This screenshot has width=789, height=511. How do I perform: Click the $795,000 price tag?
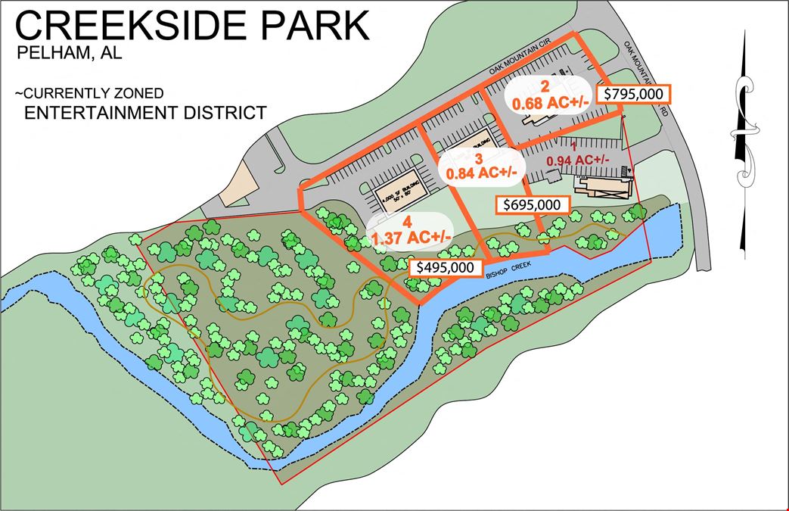[634, 94]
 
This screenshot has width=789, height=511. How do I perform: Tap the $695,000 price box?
[531, 205]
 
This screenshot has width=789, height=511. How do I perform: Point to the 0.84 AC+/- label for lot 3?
[482, 173]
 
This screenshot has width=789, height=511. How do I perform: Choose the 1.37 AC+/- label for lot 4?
[412, 238]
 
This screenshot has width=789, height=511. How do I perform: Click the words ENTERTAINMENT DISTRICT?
[145, 114]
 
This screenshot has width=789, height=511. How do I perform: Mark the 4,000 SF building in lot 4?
[399, 197]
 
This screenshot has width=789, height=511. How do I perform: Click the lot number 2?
[544, 86]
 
